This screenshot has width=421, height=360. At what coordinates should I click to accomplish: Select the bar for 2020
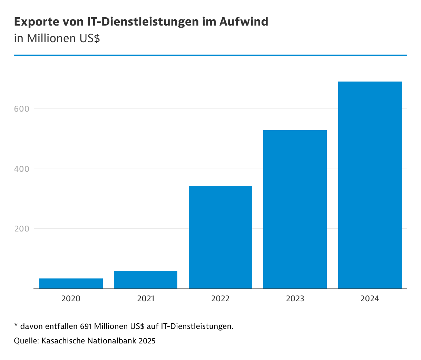click(71, 283)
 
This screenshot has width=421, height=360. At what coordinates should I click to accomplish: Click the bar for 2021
click(146, 280)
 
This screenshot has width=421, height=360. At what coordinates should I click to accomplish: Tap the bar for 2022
click(221, 237)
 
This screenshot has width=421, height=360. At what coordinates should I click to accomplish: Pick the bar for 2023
click(295, 209)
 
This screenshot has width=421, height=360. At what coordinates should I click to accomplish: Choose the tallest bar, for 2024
click(370, 185)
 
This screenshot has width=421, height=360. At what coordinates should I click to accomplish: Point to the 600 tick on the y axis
click(21, 109)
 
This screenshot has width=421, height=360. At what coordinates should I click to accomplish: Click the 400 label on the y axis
click(21, 169)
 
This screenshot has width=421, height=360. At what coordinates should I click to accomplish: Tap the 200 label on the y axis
click(21, 229)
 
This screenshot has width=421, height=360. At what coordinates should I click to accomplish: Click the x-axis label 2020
click(71, 299)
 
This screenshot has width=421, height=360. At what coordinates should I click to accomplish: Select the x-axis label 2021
click(146, 299)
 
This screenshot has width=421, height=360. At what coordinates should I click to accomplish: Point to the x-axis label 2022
click(221, 299)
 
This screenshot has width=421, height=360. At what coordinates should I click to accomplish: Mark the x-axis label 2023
click(295, 299)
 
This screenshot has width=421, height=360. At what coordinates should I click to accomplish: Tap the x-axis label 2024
click(370, 299)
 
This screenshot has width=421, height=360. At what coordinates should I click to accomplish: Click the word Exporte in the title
click(36, 22)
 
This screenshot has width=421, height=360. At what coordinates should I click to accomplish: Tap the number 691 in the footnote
click(86, 326)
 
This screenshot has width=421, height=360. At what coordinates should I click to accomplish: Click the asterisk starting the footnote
click(16, 325)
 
